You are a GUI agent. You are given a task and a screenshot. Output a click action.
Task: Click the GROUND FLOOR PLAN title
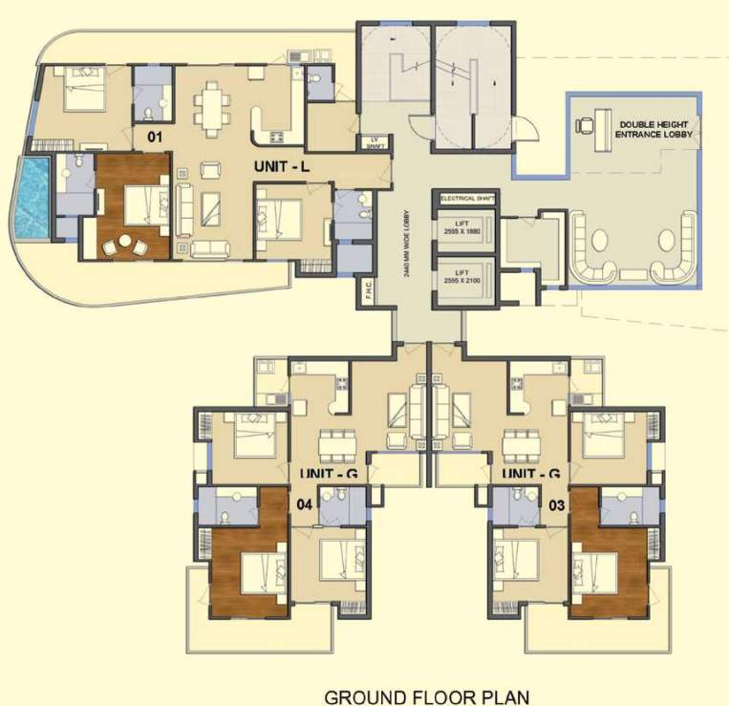[426, 696]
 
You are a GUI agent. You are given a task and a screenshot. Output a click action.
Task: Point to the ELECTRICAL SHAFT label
[465, 199]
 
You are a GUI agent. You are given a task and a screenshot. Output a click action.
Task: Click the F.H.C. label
[368, 290]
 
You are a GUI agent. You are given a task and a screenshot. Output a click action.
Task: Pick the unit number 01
[155, 137]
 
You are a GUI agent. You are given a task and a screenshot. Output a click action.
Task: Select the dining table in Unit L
[212, 105]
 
